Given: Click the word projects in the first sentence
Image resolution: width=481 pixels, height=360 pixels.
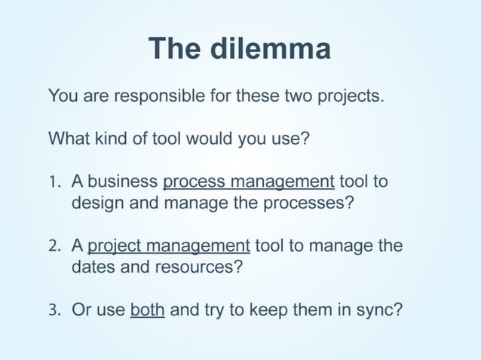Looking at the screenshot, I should (353, 97).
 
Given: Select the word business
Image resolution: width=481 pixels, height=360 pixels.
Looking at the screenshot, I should (122, 183).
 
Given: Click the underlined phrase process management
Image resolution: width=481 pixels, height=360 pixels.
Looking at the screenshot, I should (248, 183).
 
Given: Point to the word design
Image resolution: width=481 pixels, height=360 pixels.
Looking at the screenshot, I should (96, 204).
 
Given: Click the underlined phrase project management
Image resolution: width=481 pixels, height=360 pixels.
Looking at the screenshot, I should (170, 246).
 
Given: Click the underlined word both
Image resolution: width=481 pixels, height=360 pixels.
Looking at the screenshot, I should (147, 310).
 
